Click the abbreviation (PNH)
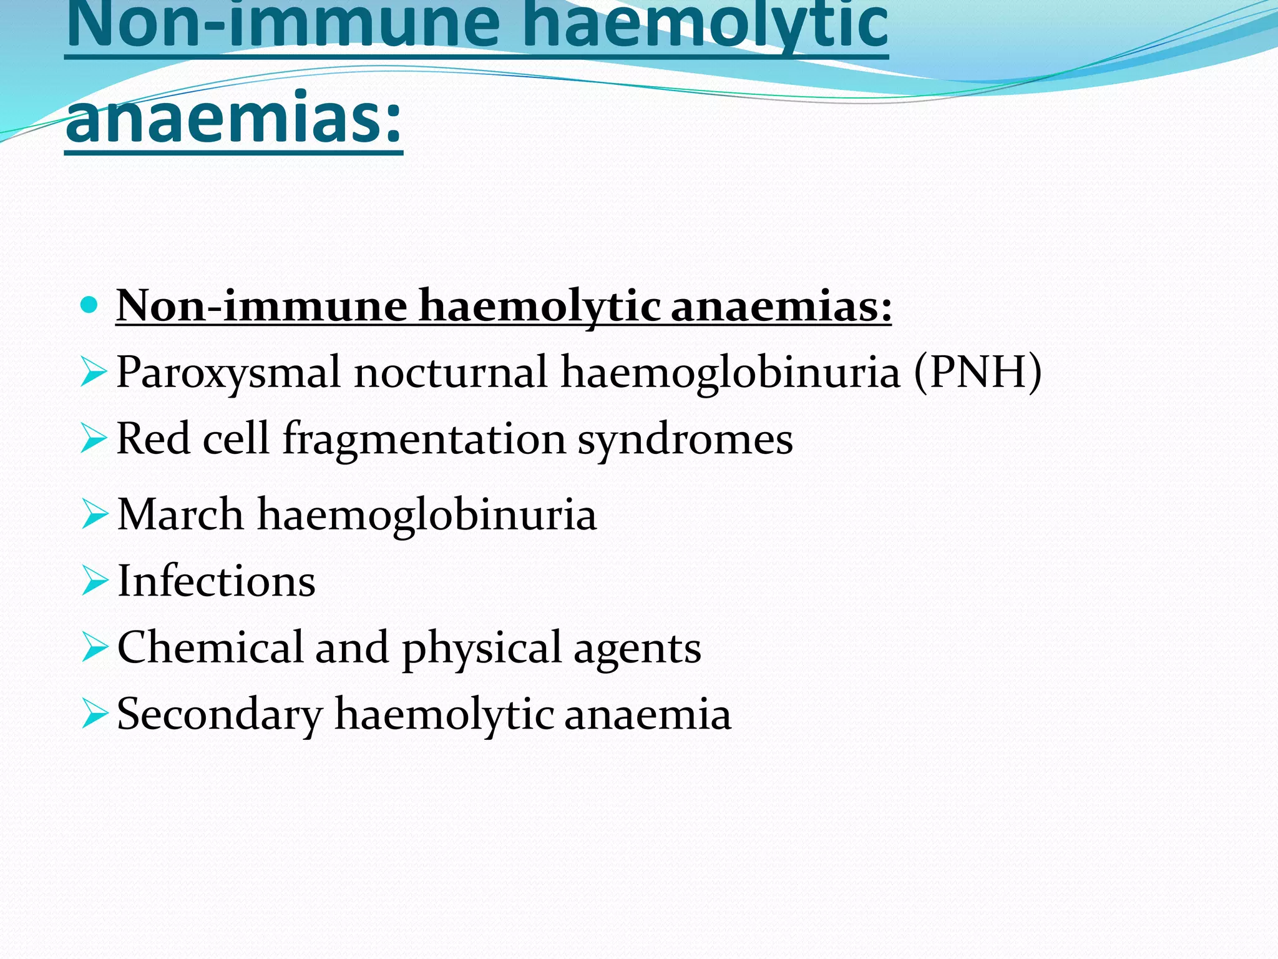tap(978, 372)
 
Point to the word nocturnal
tap(451, 372)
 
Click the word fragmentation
tap(424, 440)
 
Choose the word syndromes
tap(685, 440)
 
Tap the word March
tap(180, 514)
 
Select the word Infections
tap(216, 581)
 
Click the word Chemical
tap(210, 647)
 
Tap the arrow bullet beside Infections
tap(95, 581)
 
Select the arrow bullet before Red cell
tap(94, 438)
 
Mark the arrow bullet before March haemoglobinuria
tap(95, 514)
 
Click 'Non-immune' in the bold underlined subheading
tap(261, 306)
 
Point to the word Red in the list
tap(154, 438)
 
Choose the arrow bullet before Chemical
tap(95, 647)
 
